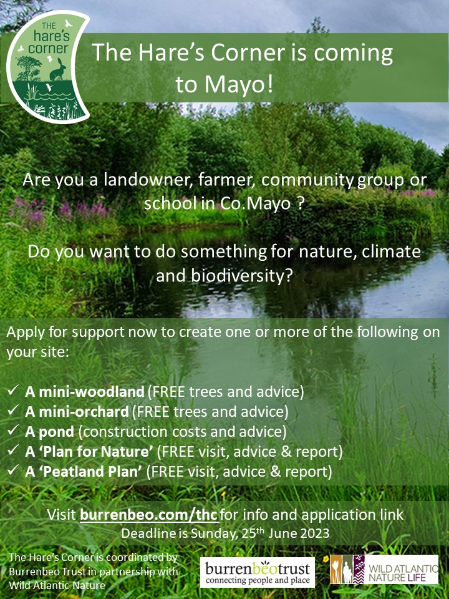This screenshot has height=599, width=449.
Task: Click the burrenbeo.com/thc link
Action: click(x=149, y=515)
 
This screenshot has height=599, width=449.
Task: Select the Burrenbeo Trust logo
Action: click(x=257, y=572)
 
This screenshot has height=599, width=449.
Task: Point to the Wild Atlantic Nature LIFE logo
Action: click(x=384, y=569)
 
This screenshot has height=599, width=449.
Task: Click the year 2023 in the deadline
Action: click(x=312, y=533)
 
